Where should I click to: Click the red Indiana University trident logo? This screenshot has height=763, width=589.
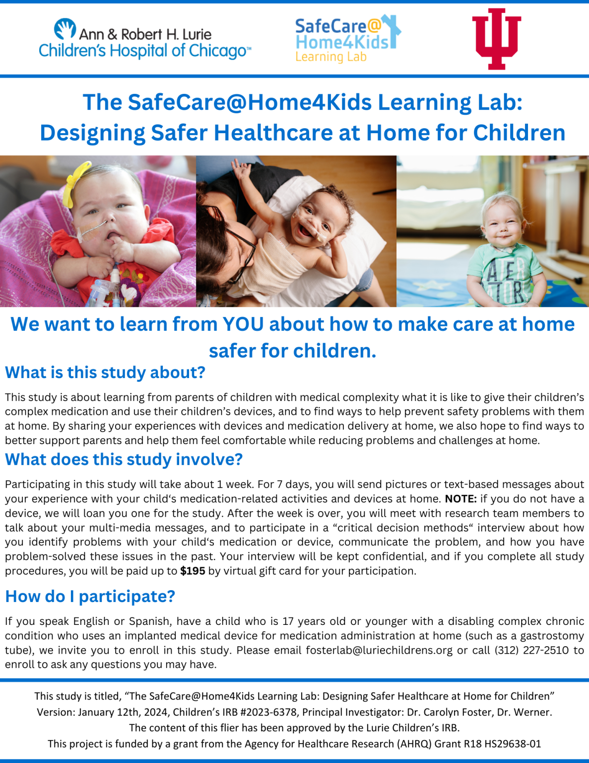point(496,39)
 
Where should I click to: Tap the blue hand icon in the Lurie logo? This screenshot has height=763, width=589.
point(65,28)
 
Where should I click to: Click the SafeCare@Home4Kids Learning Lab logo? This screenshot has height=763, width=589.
point(348,39)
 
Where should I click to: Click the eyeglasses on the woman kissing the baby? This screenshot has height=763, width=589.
point(242,253)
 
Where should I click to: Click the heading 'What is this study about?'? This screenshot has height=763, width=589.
point(105,372)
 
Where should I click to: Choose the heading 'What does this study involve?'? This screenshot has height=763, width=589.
point(124,459)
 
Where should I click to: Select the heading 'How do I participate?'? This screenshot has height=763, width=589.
point(90,596)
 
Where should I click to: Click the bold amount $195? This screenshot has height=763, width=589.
point(193,571)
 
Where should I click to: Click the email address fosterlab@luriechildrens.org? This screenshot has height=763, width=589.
point(379,650)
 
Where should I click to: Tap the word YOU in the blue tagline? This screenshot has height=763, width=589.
point(243,324)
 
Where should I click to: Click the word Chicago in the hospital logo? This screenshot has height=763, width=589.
point(218,51)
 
